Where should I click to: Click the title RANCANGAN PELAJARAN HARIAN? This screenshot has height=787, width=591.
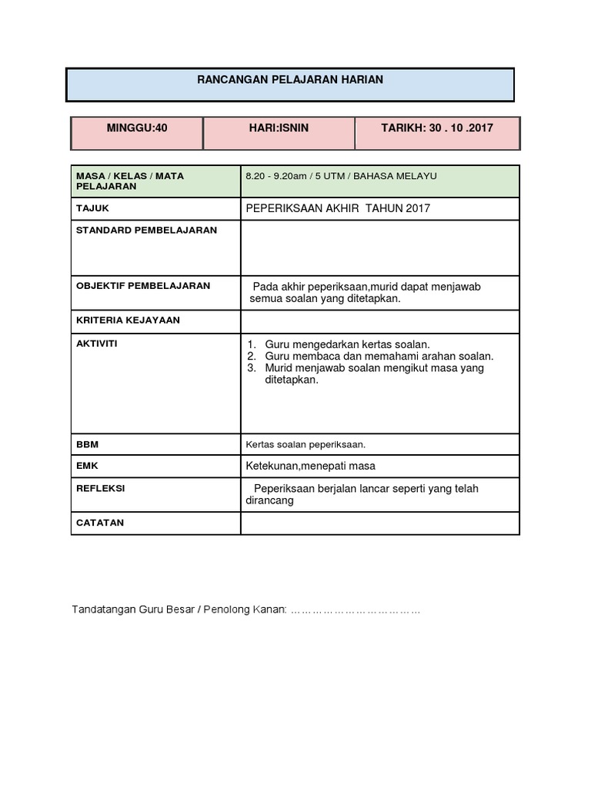click(x=290, y=79)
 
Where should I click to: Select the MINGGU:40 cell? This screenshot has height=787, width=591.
click(x=137, y=128)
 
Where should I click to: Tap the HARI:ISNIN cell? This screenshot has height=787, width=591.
click(x=279, y=128)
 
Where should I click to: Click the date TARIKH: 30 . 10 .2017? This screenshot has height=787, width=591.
click(x=437, y=128)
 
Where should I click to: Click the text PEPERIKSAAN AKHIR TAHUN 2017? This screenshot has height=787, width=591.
click(x=338, y=208)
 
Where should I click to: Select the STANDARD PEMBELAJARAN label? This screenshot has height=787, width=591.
click(x=146, y=230)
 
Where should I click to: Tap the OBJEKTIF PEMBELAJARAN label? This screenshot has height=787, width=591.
click(x=143, y=285)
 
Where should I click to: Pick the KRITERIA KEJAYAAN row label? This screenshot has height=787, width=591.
click(x=128, y=320)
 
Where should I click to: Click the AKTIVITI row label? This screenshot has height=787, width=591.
click(x=96, y=344)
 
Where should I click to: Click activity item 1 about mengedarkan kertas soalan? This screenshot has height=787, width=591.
click(x=347, y=344)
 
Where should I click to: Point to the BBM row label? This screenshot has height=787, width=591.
click(x=88, y=444)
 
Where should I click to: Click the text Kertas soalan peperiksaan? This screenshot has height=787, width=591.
click(x=306, y=444)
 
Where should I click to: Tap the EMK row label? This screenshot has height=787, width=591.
click(x=87, y=466)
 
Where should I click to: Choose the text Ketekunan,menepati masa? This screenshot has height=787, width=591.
click(x=310, y=466)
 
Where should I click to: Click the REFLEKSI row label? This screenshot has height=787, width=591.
click(x=100, y=488)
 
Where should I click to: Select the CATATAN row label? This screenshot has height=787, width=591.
click(x=100, y=523)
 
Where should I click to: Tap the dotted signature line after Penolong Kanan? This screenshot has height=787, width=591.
click(x=355, y=610)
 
